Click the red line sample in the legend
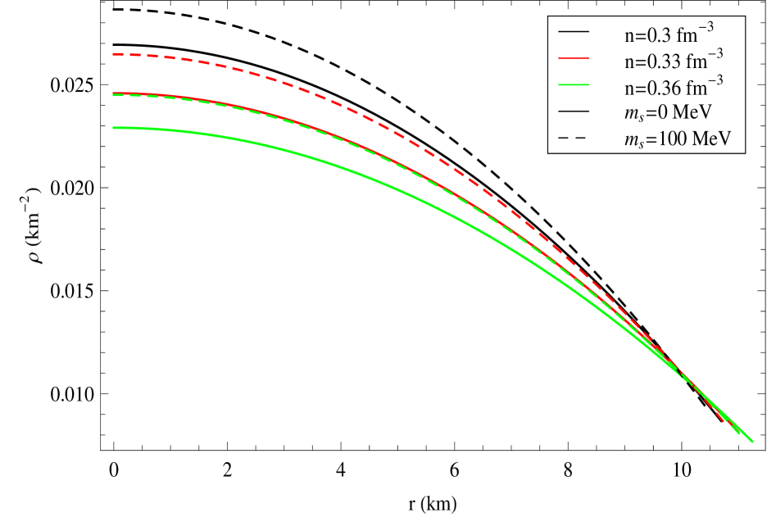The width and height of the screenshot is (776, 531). click(x=574, y=58)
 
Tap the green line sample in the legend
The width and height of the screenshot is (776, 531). click(x=574, y=84)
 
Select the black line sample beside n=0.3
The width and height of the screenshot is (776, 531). click(x=574, y=32)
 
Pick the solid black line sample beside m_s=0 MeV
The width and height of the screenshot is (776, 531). click(x=574, y=111)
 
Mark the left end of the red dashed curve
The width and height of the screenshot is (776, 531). click(x=114, y=55)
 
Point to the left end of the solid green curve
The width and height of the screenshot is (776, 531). click(x=114, y=128)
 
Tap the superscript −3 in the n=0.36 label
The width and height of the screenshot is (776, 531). click(x=715, y=79)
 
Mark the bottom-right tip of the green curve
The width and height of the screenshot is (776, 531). click(x=751, y=442)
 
